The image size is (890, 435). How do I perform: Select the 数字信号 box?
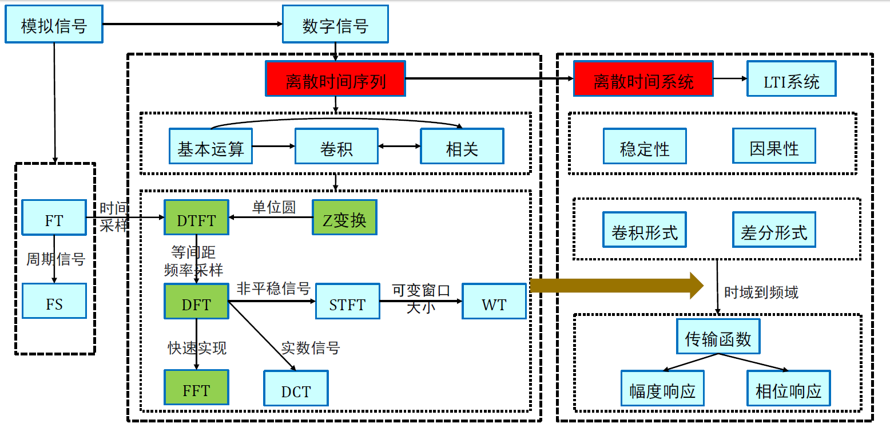(335, 25)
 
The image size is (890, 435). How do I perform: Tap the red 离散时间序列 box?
(335, 79)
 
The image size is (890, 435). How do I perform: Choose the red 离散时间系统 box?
(643, 79)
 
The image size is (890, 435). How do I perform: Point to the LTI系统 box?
(792, 79)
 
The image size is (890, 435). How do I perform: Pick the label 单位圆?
(274, 207)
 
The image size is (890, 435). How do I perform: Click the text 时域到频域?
(761, 292)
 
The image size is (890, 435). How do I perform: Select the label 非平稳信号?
(273, 288)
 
